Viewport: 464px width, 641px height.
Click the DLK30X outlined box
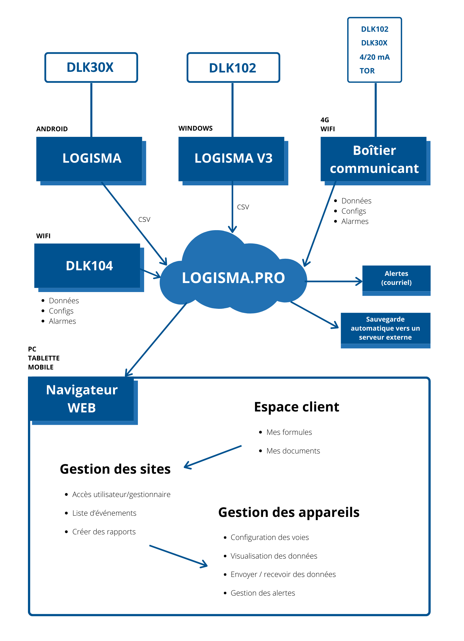91,67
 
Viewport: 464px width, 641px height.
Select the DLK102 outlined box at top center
233,68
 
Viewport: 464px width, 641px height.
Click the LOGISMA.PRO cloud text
233,278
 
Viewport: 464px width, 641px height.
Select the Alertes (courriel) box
396,278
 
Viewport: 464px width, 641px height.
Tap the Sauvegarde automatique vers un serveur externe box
385,328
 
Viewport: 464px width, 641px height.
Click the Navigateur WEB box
81,399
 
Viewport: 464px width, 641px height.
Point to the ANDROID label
52,129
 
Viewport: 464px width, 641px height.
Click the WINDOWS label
195,128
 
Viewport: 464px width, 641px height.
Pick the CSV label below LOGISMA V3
243,207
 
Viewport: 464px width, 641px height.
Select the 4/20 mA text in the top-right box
374,57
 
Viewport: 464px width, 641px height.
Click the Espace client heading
296,407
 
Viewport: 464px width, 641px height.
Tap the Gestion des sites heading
115,469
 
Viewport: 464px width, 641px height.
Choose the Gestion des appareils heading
289,512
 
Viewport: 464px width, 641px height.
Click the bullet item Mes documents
293,451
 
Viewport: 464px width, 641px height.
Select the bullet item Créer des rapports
104,532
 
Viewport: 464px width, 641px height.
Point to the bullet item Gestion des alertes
262,593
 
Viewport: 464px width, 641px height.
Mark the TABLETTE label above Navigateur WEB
44,358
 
